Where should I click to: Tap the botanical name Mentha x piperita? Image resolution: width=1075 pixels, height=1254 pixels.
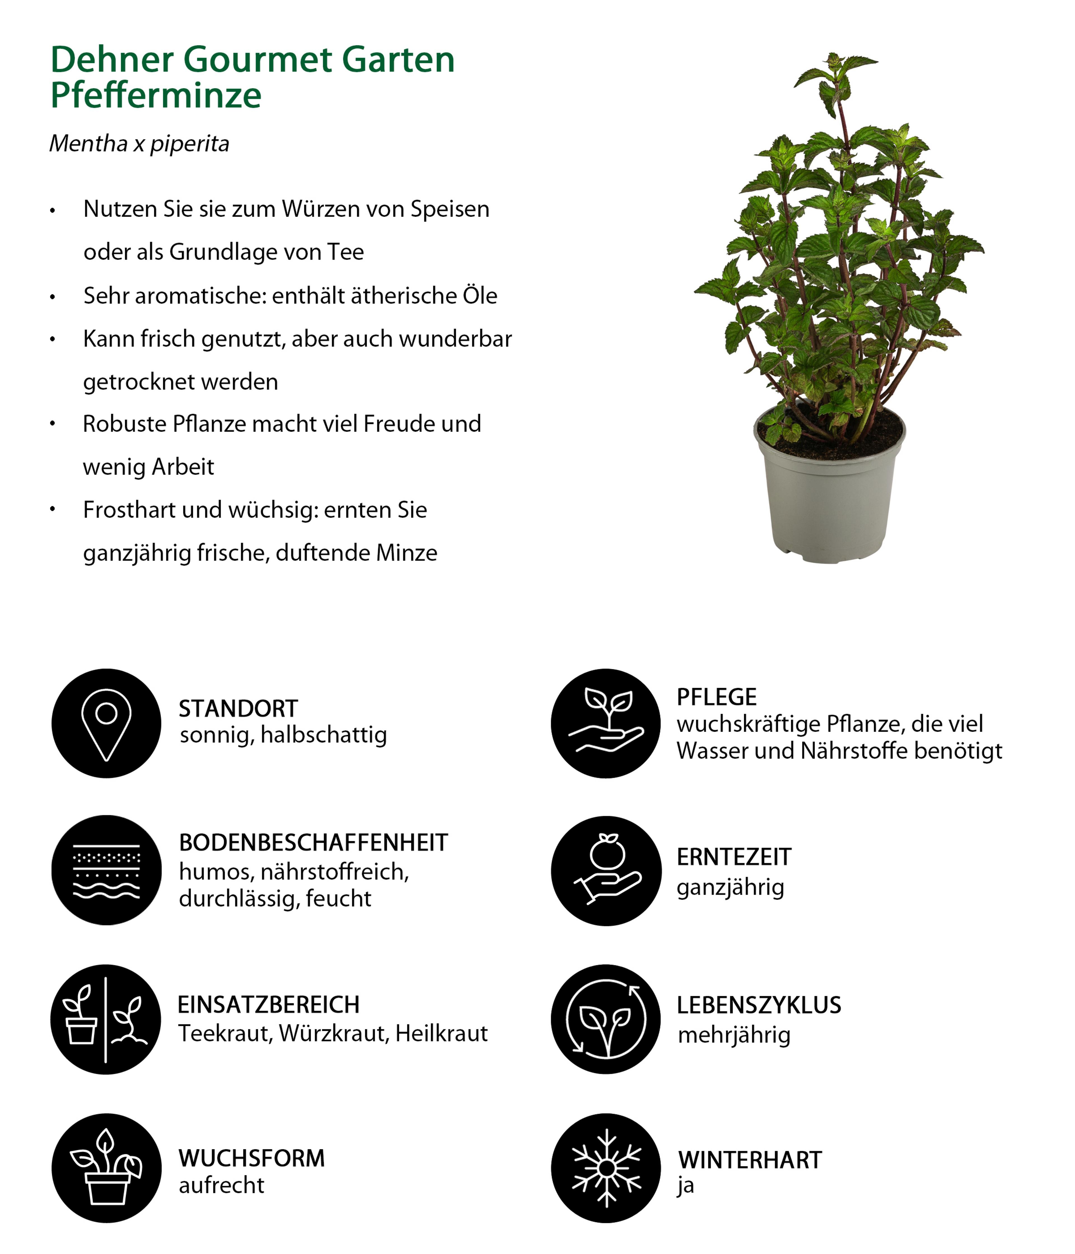coord(139,144)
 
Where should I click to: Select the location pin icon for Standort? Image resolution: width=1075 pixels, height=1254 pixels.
coord(107,723)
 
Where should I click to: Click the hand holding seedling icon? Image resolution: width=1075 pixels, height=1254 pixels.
coord(606,723)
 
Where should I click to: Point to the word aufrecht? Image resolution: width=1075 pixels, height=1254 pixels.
coord(221,1185)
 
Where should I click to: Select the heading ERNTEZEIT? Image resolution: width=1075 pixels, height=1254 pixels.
coord(734,857)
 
